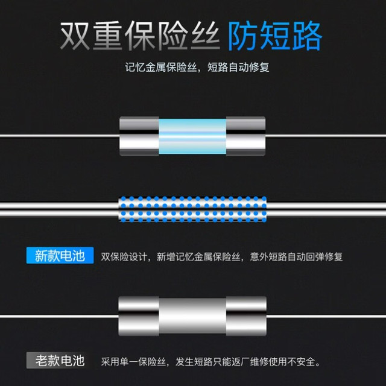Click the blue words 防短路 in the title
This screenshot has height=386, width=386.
point(275,36)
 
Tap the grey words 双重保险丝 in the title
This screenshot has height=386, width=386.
point(139,36)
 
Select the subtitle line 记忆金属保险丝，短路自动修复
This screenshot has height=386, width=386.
point(197,67)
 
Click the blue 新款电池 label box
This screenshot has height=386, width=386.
point(60,255)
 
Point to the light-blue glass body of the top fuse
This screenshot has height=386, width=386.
point(192,136)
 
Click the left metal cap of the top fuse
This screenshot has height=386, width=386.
point(139,136)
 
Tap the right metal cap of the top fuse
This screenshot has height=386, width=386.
point(245,136)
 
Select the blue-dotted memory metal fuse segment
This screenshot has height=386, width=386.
point(192,209)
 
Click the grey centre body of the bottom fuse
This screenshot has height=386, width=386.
point(192,316)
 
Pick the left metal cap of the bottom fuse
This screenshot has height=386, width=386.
point(139,316)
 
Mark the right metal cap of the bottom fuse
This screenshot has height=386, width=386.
point(246,316)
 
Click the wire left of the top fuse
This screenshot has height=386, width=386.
point(60,136)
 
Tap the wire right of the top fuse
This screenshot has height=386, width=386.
point(326,136)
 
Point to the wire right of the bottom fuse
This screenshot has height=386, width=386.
point(326,316)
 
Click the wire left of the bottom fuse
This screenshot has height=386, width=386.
point(59,316)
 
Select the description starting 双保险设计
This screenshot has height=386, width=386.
point(221,257)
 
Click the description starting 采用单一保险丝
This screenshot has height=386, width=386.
point(210,362)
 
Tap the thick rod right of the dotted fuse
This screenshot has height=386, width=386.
point(326,209)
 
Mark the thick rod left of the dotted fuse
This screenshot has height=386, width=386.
point(59,209)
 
